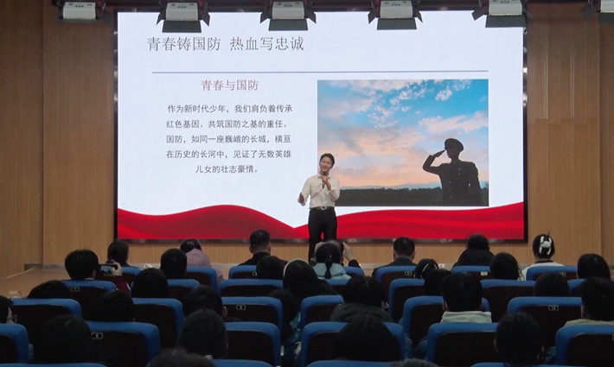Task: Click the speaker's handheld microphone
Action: [324, 179]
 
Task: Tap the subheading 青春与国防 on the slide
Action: [230, 85]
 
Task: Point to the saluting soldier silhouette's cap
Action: [454, 144]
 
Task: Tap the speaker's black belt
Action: [322, 208]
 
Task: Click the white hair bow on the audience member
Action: [544, 244]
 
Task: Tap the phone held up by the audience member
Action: [106, 269]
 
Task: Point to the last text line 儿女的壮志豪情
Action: [227, 169]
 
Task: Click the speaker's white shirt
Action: [321, 192]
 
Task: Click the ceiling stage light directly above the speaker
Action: [288, 15]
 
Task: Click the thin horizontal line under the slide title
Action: [320, 72]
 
